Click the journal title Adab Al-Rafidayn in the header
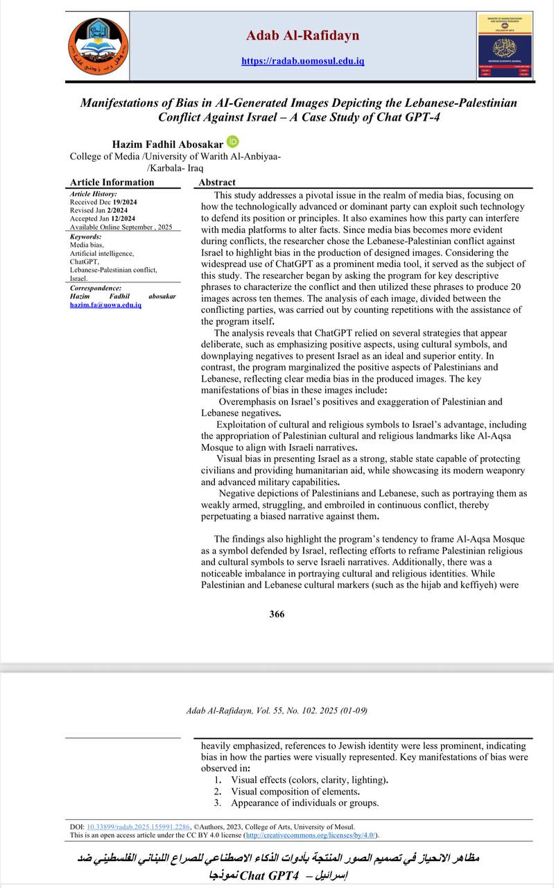[x=302, y=35]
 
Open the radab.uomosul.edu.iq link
[x=302, y=61]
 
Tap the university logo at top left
[x=97, y=47]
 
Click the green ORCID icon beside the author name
[x=232, y=142]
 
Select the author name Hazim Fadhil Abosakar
[x=168, y=144]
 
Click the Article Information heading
[x=112, y=182]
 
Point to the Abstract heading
[x=217, y=182]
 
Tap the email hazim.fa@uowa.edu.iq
[x=105, y=305]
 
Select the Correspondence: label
[x=96, y=288]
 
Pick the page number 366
[x=277, y=613]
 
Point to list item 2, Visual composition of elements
[x=295, y=792]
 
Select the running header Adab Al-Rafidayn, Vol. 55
[x=277, y=710]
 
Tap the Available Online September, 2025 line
[x=121, y=227]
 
